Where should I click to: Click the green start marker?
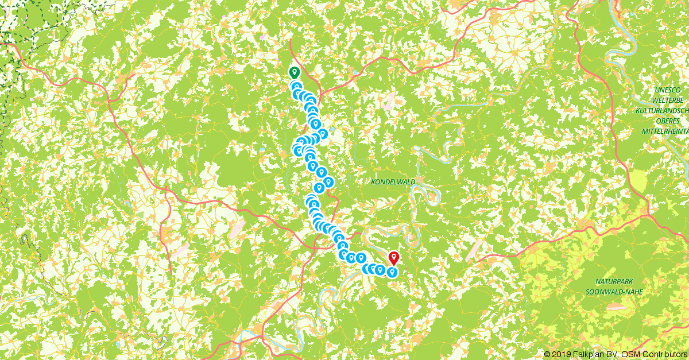(294, 72)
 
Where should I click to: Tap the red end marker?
(394, 258)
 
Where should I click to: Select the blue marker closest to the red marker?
(392, 272)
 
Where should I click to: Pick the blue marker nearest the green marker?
(296, 87)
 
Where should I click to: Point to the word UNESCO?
(668, 90)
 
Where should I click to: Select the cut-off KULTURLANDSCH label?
(662, 111)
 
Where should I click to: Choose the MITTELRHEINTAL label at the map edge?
(664, 131)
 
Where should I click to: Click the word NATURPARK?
(614, 281)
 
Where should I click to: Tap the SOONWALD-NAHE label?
(614, 292)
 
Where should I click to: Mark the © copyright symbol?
(547, 354)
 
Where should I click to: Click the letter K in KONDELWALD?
(374, 182)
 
